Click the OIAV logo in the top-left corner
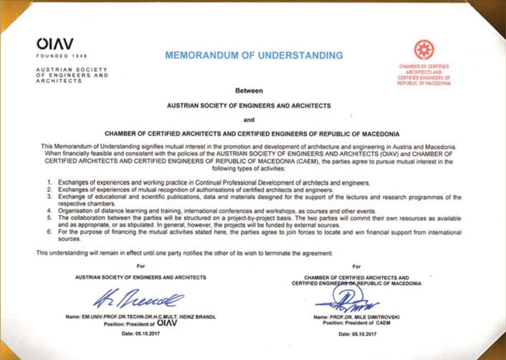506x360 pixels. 54,44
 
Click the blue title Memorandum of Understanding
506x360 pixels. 254,55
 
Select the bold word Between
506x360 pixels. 249,91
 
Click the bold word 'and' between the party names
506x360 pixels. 249,120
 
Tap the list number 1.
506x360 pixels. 50,182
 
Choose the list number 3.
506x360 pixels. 50,196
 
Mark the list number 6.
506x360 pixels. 50,232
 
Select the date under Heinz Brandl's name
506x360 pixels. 140,334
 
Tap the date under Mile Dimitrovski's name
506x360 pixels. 357,334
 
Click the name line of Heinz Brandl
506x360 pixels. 140,317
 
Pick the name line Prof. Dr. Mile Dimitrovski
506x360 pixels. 357,317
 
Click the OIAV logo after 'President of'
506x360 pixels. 167,323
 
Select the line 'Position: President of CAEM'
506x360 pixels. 357,322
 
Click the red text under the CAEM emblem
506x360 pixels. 424,75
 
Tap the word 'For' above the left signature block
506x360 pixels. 140,265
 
